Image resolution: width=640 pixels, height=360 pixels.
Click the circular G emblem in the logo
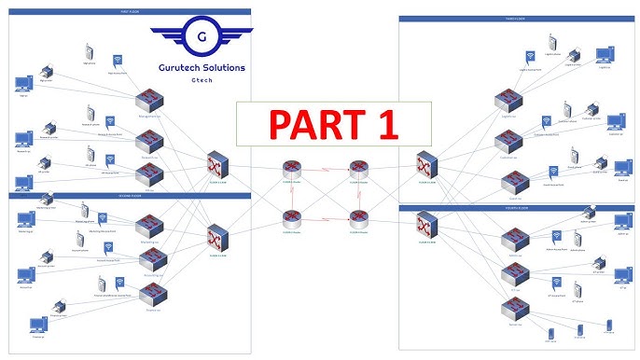[x=202, y=38]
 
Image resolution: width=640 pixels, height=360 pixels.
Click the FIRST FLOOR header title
[x=131, y=11]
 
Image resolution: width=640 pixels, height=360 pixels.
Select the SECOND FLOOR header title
[x=131, y=196]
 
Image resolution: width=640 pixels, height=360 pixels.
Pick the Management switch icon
[x=149, y=101]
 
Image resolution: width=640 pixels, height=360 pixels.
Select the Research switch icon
[x=149, y=143]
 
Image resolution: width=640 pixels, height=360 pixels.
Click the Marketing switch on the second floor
[x=150, y=227]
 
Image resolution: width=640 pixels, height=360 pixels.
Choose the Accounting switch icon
[x=150, y=262]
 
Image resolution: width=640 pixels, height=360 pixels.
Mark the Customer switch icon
[x=508, y=140]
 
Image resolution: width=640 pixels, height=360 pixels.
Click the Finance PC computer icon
[x=37, y=325]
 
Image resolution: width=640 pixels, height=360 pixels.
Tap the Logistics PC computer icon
[x=605, y=56]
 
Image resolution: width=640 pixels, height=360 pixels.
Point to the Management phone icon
[x=89, y=50]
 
